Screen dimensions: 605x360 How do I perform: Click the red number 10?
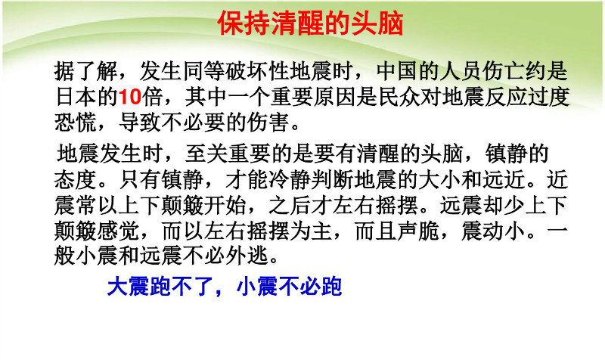[x=129, y=97]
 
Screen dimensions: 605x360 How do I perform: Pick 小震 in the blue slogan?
[x=256, y=287]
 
